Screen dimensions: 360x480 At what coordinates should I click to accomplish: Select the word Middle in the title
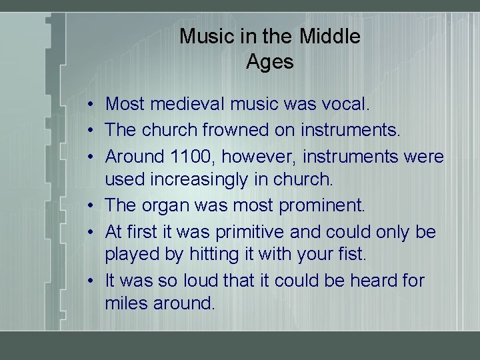click(x=330, y=36)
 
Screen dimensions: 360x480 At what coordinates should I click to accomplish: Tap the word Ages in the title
click(x=269, y=62)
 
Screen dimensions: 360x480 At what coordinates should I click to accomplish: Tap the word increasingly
click(x=193, y=179)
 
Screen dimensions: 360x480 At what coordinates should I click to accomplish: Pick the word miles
click(x=126, y=303)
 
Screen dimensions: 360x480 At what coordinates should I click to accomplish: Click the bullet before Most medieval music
click(x=89, y=105)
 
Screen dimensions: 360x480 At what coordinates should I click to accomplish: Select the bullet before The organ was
click(x=89, y=205)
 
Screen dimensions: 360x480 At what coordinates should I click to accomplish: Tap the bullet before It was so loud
click(x=89, y=281)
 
